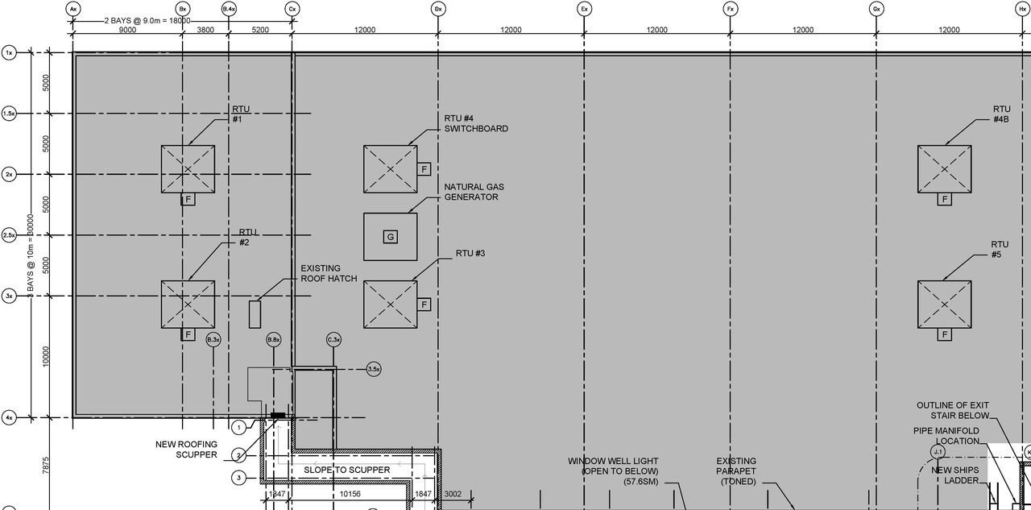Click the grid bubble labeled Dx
(438, 9)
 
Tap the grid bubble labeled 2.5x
(10, 235)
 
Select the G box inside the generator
(390, 237)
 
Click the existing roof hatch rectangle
(255, 313)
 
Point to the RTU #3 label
(470, 254)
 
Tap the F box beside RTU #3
(424, 305)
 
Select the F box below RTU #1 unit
(188, 199)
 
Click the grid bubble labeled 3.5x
(374, 369)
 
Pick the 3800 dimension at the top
(205, 30)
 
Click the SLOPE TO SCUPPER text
(346, 470)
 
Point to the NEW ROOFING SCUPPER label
(186, 450)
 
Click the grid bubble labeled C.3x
(334, 340)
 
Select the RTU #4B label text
(1001, 114)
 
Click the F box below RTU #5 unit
(944, 334)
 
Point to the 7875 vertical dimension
(46, 465)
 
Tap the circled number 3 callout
(239, 479)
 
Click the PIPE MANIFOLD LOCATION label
(946, 436)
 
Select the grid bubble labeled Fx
(731, 9)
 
